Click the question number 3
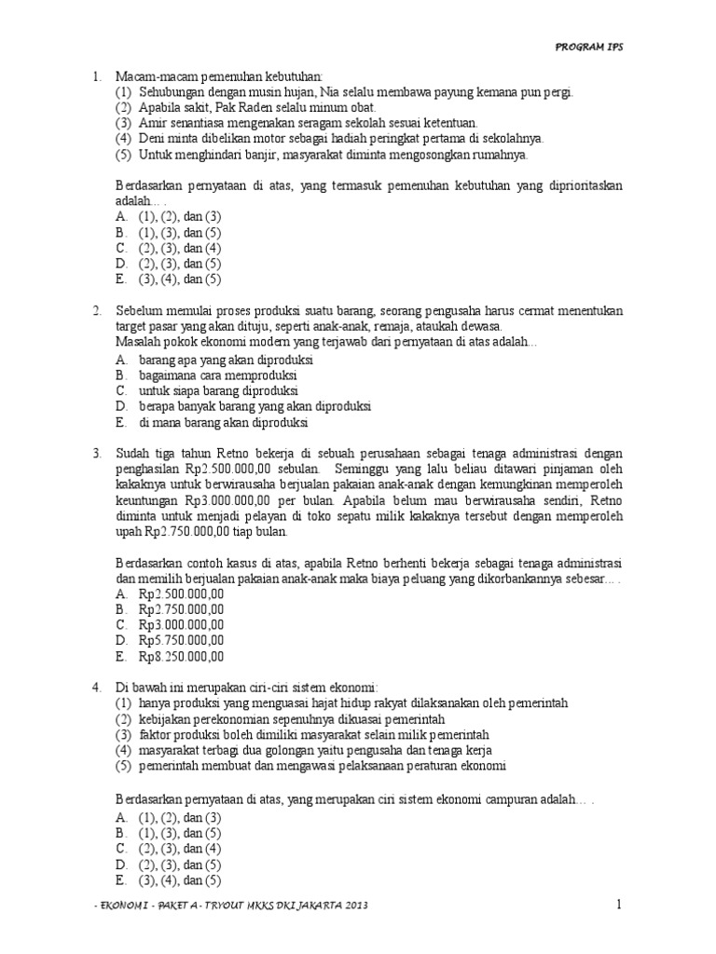coord(96,453)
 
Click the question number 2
coord(96,310)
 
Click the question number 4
coord(96,688)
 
